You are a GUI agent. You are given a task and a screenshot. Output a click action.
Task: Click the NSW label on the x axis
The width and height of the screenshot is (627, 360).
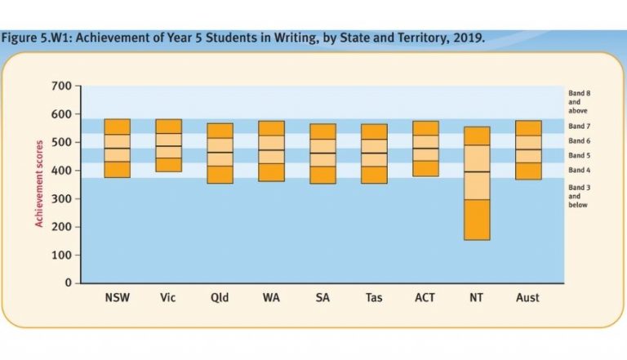[117, 298]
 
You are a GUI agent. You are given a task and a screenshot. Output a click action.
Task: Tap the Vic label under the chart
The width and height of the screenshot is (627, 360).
[168, 298]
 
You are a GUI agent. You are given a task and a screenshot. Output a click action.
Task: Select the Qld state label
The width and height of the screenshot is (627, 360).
[220, 298]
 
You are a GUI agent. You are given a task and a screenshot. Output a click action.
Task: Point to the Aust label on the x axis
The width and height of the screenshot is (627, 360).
[528, 298]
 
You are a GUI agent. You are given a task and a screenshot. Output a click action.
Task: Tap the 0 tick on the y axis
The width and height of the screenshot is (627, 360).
[69, 283]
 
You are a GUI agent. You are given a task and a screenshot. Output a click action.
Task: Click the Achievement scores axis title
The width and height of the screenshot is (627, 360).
[38, 184]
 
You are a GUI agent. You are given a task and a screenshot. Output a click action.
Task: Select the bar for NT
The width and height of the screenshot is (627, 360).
[477, 184]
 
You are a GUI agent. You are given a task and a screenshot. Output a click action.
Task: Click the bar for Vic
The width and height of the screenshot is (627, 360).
[168, 145]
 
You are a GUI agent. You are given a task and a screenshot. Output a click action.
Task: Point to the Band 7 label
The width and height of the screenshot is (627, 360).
[580, 127]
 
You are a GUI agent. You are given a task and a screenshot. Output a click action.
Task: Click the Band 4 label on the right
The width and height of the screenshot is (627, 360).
[580, 170]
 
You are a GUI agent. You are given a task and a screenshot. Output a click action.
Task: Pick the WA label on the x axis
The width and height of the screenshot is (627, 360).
[271, 298]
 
